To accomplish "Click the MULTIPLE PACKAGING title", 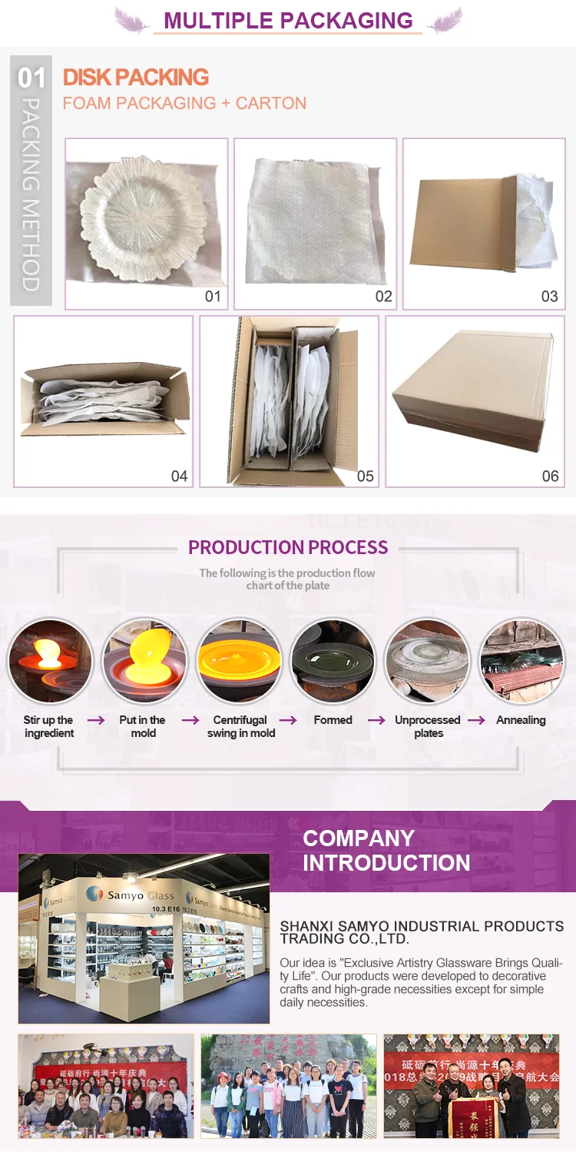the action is [288, 21].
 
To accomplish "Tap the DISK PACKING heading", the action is [136, 77].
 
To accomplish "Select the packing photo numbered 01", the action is [146, 223].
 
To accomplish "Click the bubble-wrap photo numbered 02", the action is [315, 223].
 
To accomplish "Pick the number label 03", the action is [549, 297].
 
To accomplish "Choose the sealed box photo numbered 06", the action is [475, 400].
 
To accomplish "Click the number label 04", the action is [179, 476].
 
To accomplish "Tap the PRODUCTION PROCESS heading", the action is [288, 547].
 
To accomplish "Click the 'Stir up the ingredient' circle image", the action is [49, 662].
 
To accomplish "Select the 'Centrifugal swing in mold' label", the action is [240, 726].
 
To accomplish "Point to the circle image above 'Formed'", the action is [333, 662].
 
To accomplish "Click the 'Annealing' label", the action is [521, 720].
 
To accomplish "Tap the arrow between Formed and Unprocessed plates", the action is [376, 720].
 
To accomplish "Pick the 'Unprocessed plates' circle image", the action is [427, 662].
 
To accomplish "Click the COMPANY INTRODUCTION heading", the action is [386, 850].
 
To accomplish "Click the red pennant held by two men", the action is [461, 1115].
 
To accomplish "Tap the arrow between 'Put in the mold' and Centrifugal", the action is [189, 720].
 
